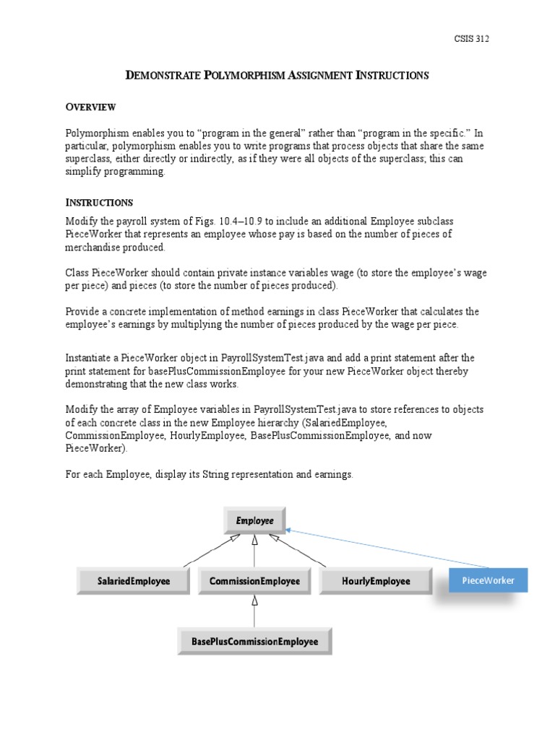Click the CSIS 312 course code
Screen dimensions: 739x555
pyautogui.click(x=470, y=39)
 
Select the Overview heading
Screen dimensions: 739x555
pyautogui.click(x=90, y=107)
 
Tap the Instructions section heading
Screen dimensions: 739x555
pyautogui.click(x=99, y=202)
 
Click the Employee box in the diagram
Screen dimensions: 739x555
pyautogui.click(x=254, y=520)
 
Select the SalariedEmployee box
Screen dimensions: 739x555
pyautogui.click(x=134, y=581)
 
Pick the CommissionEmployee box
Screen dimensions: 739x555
pyautogui.click(x=254, y=581)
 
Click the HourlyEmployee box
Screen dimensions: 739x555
pyautogui.click(x=375, y=581)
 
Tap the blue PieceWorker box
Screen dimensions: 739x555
pyautogui.click(x=488, y=580)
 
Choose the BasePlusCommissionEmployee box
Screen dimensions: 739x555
pyautogui.click(x=254, y=641)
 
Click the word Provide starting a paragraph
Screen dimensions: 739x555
pyautogui.click(x=83, y=311)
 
